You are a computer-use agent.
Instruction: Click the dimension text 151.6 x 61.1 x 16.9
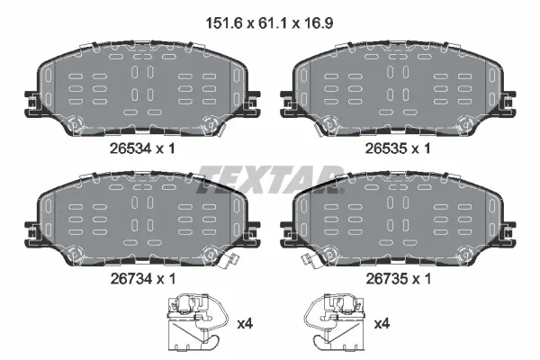[x=269, y=23]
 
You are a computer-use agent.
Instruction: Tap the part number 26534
[x=130, y=148]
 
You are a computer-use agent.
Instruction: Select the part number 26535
[x=386, y=148]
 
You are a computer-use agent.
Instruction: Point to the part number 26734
[x=130, y=278]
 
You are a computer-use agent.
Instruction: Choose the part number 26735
[x=386, y=278]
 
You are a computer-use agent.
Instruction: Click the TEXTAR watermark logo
[x=270, y=179]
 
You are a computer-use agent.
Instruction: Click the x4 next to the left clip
[x=245, y=323]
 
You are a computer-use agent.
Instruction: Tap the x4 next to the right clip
[x=382, y=323]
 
